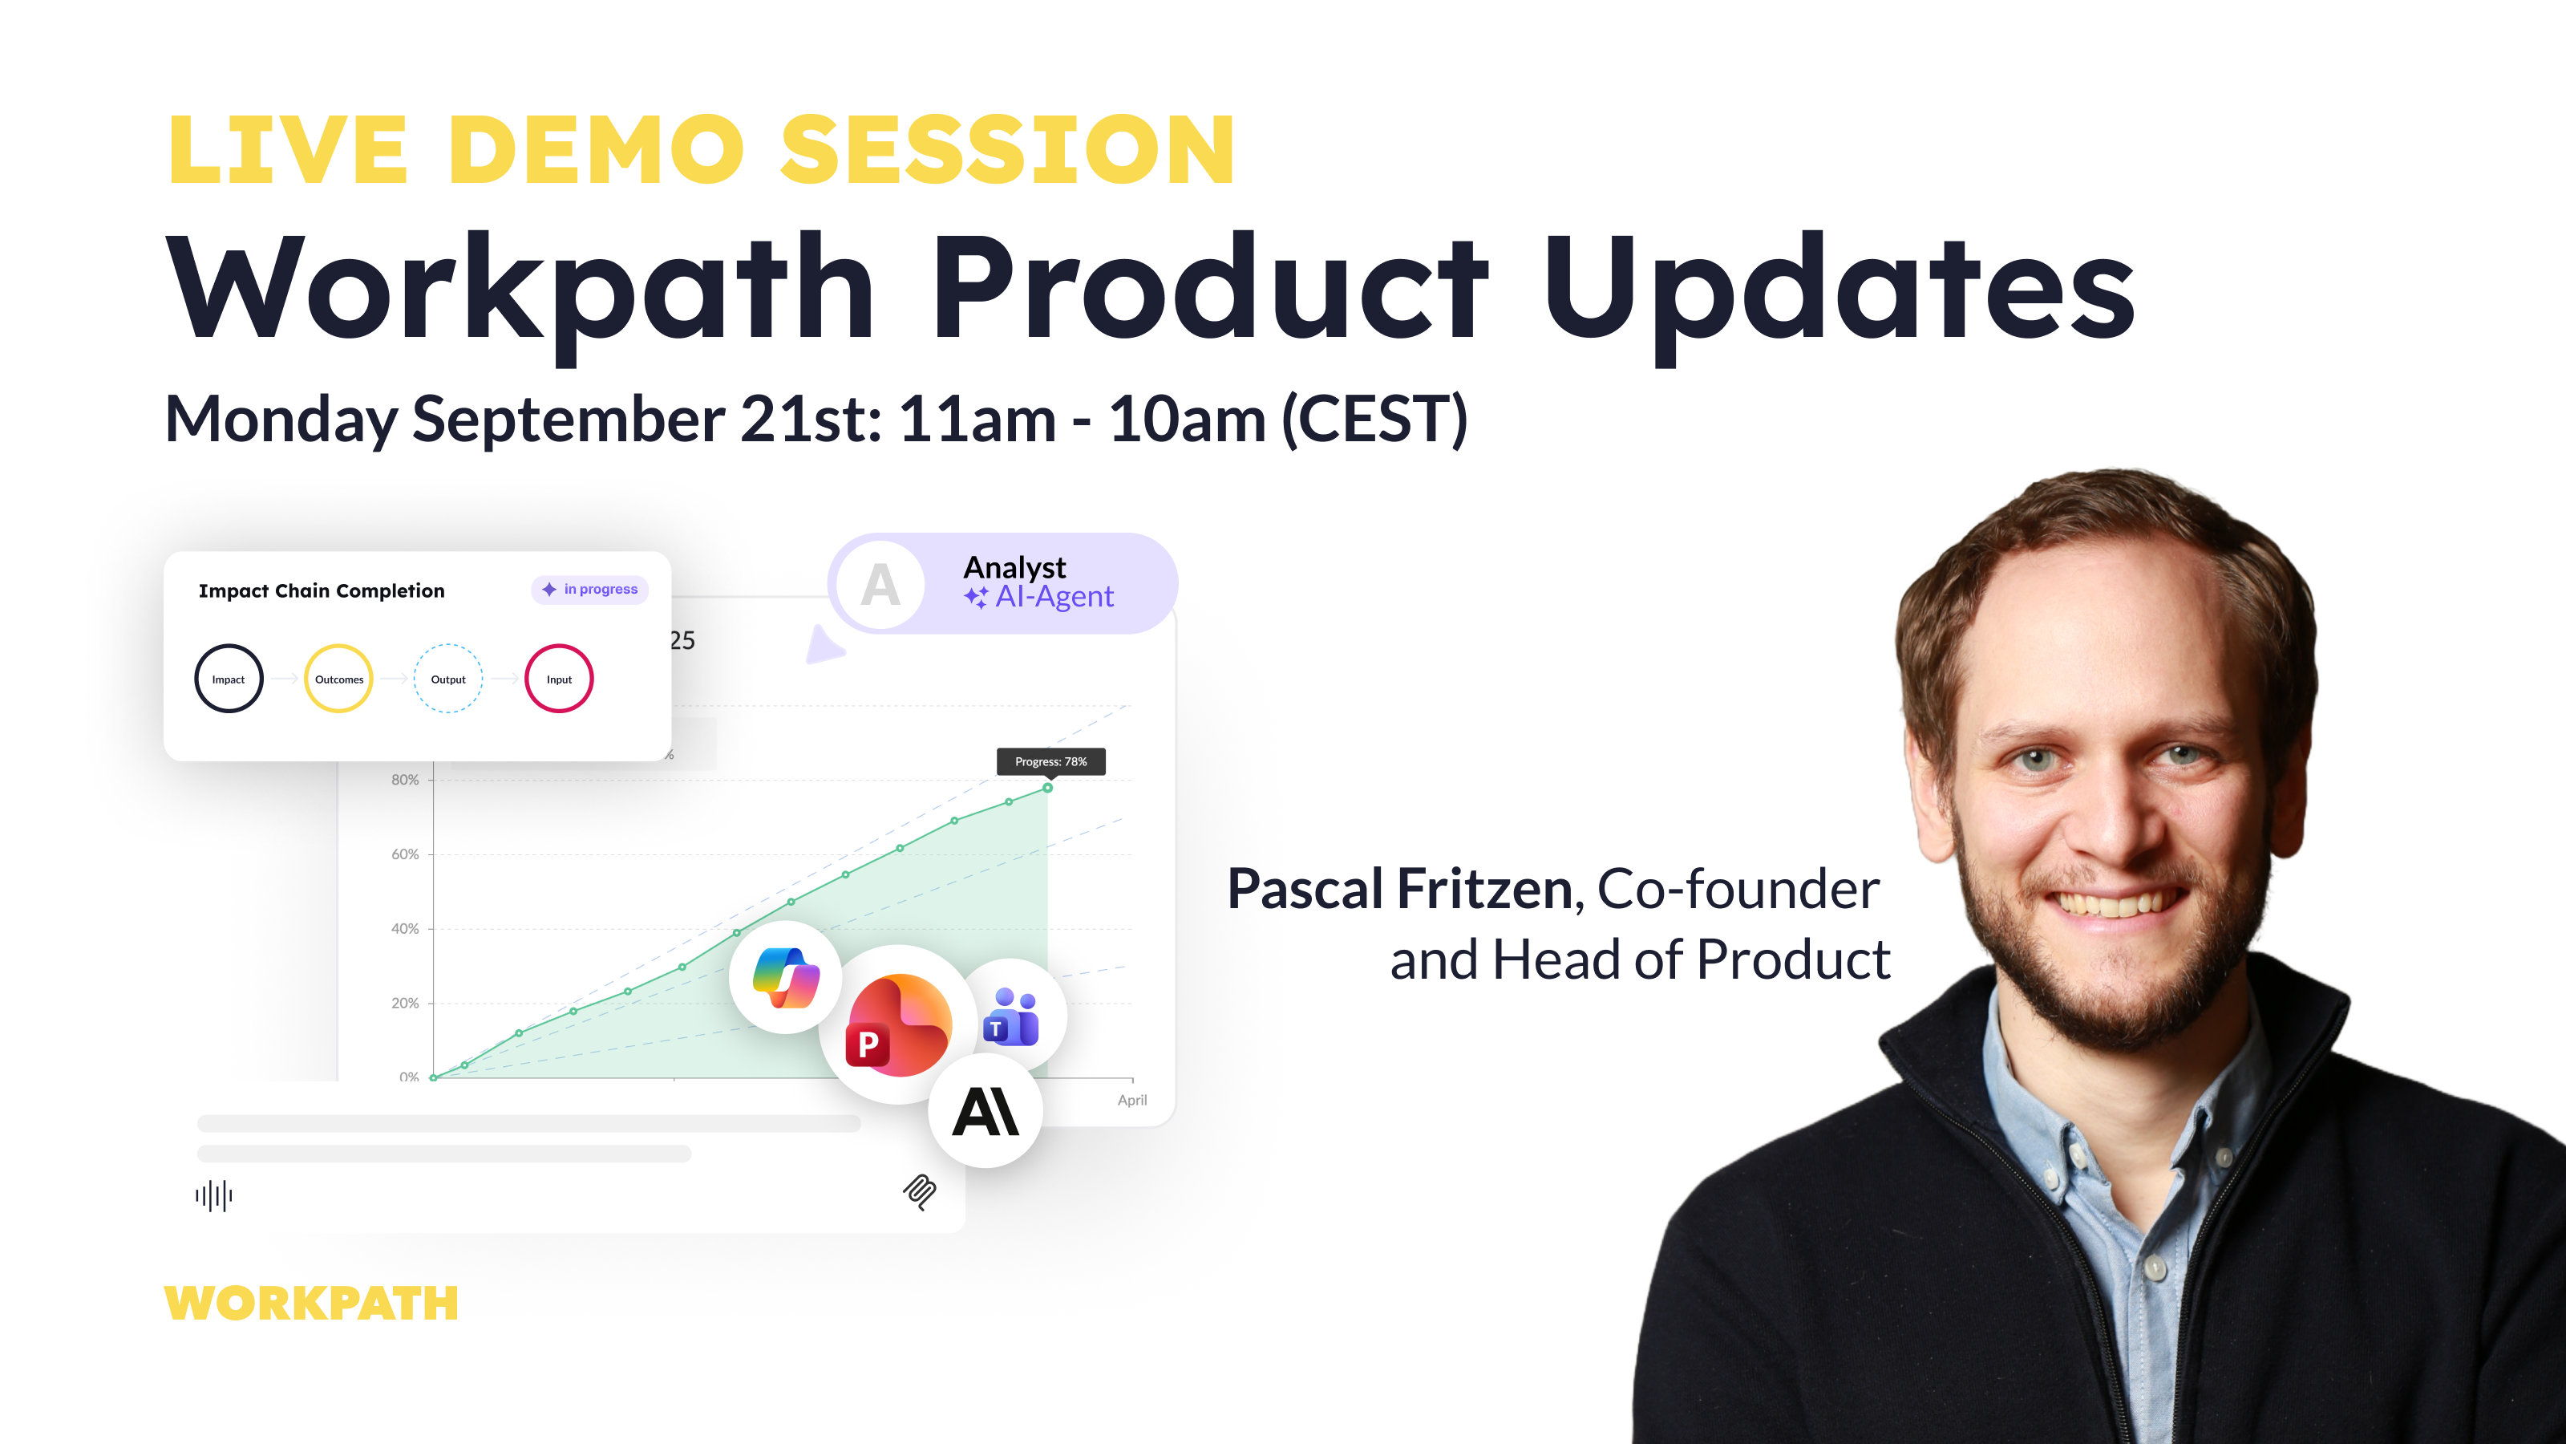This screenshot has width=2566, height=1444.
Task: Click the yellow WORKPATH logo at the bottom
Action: pyautogui.click(x=311, y=1303)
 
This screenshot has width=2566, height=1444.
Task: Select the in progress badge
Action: pyautogui.click(x=589, y=590)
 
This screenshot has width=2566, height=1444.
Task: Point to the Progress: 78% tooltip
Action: pyautogui.click(x=1051, y=761)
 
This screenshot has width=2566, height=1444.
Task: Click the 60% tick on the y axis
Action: pyautogui.click(x=404, y=854)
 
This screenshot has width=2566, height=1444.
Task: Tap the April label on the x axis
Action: pyautogui.click(x=1131, y=1100)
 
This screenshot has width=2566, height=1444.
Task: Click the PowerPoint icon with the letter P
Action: pyautogui.click(x=898, y=1024)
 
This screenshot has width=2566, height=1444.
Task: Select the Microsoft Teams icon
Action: pyautogui.click(x=1011, y=1016)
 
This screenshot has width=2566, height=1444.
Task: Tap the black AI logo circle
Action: pyautogui.click(x=986, y=1111)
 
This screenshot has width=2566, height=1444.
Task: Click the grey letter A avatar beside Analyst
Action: pyautogui.click(x=880, y=585)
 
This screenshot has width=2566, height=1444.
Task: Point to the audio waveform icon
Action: pyautogui.click(x=214, y=1196)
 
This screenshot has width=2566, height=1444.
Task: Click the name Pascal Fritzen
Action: pyautogui.click(x=1399, y=889)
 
